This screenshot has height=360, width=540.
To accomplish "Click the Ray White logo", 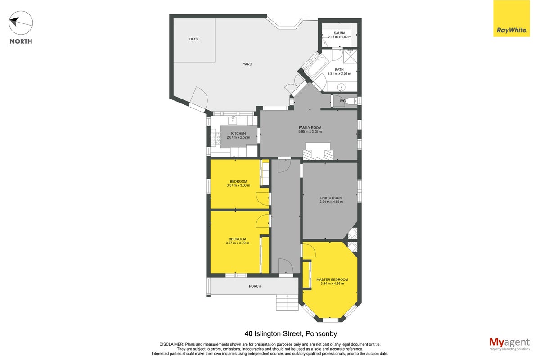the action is pyautogui.click(x=511, y=18).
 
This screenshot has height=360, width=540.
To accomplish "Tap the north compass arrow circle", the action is pyautogui.click(x=21, y=22).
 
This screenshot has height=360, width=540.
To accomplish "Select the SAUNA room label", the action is pyautogui.click(x=339, y=33).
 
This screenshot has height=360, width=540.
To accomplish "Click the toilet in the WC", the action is pyautogui.click(x=351, y=101).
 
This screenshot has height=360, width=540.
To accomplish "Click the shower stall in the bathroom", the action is pyautogui.click(x=350, y=56).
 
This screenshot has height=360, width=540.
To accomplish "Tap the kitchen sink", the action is pyautogui.click(x=233, y=120).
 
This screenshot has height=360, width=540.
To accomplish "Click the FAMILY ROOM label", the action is pyautogui.click(x=310, y=128).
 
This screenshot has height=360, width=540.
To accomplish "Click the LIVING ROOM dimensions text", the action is pyautogui.click(x=331, y=202).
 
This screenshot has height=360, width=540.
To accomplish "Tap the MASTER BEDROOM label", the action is pyautogui.click(x=332, y=279).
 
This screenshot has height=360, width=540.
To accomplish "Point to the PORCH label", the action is pyautogui.click(x=255, y=286).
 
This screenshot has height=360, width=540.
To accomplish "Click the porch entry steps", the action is pyautogui.click(x=287, y=302).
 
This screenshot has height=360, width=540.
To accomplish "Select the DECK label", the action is pyautogui.click(x=194, y=39).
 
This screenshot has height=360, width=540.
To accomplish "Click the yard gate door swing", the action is pyautogui.click(x=198, y=99).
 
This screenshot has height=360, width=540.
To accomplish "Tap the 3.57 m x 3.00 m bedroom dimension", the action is pyautogui.click(x=238, y=185).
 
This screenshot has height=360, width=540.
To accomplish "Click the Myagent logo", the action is pyautogui.click(x=509, y=344).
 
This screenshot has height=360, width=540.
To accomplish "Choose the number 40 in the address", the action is pyautogui.click(x=248, y=334).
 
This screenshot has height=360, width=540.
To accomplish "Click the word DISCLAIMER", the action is pyautogui.click(x=171, y=344).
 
